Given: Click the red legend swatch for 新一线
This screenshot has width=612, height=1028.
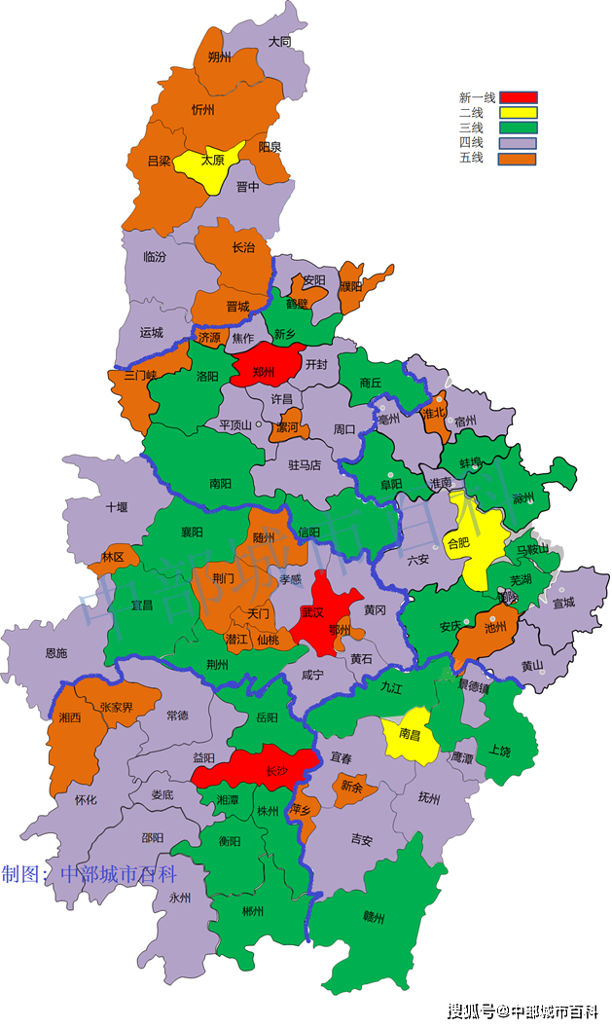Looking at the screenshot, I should (519, 96).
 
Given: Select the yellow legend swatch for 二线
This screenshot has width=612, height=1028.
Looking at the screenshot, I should (519, 112).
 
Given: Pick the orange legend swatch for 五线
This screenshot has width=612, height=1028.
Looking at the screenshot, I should (519, 158).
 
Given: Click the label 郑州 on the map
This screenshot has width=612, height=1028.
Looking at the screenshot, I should (264, 373).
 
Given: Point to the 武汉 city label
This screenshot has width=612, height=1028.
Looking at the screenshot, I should (313, 612).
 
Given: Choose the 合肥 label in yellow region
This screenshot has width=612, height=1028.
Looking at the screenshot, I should (457, 542).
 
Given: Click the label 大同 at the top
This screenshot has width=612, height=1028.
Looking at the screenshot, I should (280, 42).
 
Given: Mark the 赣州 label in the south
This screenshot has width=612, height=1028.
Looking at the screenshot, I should (374, 916).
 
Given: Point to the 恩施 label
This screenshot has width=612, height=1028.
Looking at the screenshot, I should (55, 653).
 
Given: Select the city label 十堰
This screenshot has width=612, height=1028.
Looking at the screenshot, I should (117, 506).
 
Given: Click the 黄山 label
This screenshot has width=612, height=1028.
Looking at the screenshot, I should (531, 666).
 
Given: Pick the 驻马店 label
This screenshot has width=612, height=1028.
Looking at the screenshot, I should (305, 465).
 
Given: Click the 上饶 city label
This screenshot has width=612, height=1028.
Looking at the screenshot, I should (500, 751).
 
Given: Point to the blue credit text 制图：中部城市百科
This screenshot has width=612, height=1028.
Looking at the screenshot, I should (89, 873).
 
